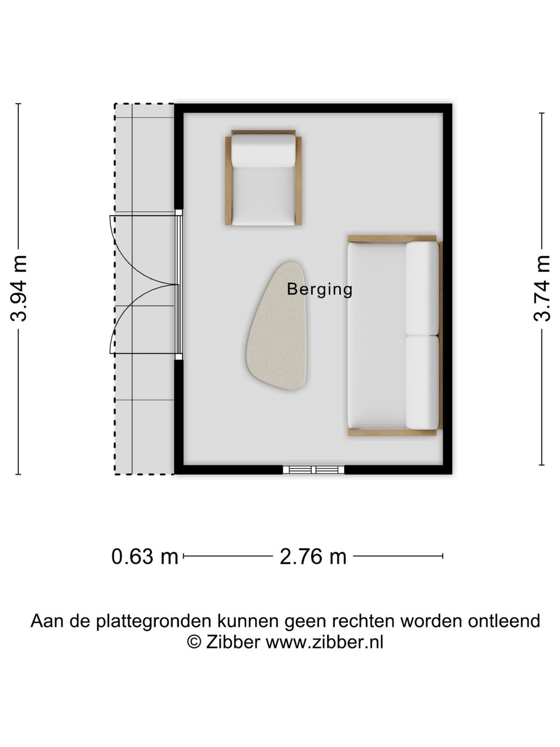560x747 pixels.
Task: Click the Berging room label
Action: click(x=319, y=289)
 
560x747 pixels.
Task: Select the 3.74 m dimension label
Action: click(x=542, y=288)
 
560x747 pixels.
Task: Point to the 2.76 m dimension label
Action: click(x=313, y=557)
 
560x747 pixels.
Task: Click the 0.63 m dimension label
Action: click(x=145, y=557)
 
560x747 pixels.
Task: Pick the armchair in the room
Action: click(x=263, y=178)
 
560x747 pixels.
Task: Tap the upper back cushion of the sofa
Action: click(x=422, y=288)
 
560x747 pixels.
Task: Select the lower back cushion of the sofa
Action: click(x=422, y=382)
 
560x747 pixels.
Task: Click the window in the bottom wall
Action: click(x=314, y=469)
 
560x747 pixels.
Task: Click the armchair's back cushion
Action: click(x=263, y=151)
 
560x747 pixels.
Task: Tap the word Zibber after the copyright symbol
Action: click(x=233, y=642)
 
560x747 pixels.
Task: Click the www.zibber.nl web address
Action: click(x=325, y=642)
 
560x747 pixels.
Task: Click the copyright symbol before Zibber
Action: click(x=194, y=642)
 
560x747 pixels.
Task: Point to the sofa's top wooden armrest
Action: click(x=391, y=239)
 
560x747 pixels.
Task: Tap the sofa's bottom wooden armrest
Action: click(x=391, y=432)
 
